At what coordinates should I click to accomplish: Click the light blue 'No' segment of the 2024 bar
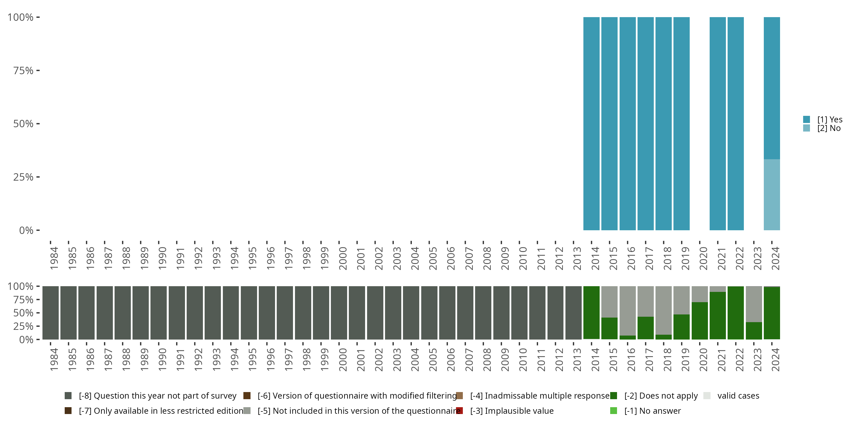(x=772, y=195)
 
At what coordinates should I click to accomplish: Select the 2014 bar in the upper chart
(x=591, y=124)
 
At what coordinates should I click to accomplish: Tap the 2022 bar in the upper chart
(x=736, y=124)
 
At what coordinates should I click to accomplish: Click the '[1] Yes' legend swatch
(x=807, y=119)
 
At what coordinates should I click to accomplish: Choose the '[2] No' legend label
(x=829, y=128)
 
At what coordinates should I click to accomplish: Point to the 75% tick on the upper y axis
(x=23, y=70)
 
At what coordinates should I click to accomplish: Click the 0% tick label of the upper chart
(x=26, y=230)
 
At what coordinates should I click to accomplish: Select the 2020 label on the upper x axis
(x=703, y=258)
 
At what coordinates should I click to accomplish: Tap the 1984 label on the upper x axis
(x=54, y=258)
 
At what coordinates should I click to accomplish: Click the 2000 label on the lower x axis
(x=343, y=360)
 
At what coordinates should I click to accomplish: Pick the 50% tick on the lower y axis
(x=23, y=313)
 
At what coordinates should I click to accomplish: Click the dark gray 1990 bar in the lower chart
(x=159, y=313)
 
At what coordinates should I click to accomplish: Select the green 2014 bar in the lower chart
(x=591, y=313)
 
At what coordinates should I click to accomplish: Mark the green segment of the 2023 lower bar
(x=754, y=331)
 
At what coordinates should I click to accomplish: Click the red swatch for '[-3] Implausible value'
(x=460, y=411)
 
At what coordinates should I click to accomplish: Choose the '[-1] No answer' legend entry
(x=652, y=411)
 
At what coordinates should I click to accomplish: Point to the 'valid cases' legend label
(x=738, y=396)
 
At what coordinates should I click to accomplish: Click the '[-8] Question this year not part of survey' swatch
(x=68, y=396)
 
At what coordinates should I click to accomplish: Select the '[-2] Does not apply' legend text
(x=661, y=396)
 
